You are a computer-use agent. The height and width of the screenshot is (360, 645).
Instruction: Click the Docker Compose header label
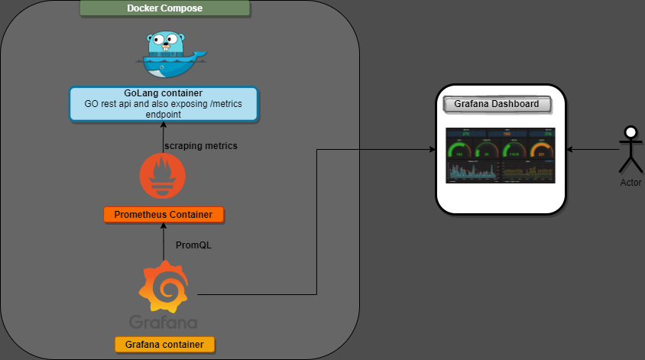(164, 9)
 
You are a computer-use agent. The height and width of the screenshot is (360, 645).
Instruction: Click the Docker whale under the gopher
(172, 65)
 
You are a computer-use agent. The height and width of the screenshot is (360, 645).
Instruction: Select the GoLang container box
(164, 104)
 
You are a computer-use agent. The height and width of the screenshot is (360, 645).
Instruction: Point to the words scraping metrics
(201, 145)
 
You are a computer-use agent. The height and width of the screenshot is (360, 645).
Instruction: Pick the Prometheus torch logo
(163, 175)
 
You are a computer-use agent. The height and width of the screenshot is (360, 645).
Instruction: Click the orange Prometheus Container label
(164, 214)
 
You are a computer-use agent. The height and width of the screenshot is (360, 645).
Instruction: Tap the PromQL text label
(193, 246)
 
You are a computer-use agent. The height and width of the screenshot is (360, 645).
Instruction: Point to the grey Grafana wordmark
(163, 321)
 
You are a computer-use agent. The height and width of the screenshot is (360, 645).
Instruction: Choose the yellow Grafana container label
(164, 345)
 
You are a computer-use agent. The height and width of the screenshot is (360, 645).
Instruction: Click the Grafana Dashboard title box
(502, 104)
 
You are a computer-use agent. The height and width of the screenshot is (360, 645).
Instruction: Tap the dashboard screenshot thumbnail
(501, 156)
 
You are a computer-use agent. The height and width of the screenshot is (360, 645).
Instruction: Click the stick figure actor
(630, 148)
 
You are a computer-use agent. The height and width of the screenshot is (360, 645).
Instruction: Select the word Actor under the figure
(630, 183)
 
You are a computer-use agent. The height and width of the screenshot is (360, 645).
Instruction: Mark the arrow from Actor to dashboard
(592, 150)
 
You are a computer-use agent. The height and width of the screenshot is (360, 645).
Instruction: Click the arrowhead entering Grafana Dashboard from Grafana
(431, 150)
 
